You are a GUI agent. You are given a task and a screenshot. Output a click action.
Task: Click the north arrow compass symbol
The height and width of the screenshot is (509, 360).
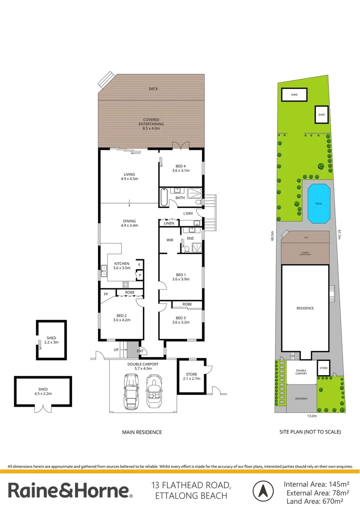pyautogui.click(x=263, y=491)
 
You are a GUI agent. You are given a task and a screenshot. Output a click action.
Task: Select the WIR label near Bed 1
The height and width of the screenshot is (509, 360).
pyautogui.click(x=170, y=240)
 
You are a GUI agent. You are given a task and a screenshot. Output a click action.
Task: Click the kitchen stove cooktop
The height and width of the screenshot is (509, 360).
pyautogui.click(x=126, y=284)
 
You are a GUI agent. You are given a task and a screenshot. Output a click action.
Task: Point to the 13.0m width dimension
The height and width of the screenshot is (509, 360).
pyautogui.click(x=312, y=416)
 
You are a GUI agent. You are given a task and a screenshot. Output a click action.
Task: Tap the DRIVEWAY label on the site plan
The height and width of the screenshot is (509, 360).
pyautogui.click(x=302, y=399)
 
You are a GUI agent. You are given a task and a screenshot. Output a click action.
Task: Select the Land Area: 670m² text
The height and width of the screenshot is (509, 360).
pyautogui.click(x=316, y=501)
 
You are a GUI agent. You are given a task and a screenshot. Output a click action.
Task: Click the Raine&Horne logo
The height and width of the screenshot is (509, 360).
pyautogui.click(x=70, y=491)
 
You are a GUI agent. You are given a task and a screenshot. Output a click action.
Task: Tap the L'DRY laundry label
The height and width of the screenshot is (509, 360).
pyautogui.click(x=188, y=213)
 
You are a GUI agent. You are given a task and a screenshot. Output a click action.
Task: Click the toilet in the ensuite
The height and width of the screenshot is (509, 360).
pyautogui.click(x=187, y=250)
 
